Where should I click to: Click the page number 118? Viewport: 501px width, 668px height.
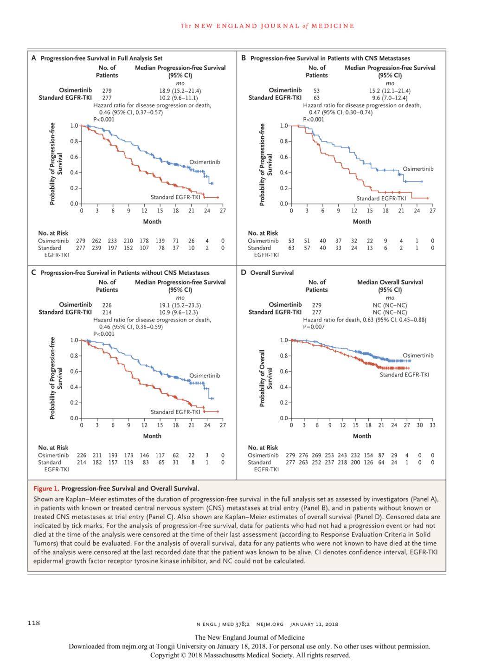tap(33, 623)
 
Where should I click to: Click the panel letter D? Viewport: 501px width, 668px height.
tap(244, 272)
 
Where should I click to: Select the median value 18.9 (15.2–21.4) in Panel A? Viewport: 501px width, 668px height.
tap(180, 91)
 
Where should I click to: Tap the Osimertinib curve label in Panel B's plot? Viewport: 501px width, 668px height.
tap(418, 169)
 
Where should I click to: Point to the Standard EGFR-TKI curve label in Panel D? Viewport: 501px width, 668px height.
tap(405, 374)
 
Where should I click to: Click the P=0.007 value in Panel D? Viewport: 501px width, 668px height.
tap(314, 327)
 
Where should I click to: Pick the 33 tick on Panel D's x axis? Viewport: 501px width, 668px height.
tap(432, 425)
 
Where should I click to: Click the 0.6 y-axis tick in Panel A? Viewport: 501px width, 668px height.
tap(74, 157)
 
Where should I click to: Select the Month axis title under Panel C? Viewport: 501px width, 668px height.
tap(152, 436)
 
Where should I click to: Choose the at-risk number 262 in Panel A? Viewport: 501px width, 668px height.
tap(96, 241)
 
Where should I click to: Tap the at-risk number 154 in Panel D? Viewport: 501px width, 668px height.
tap(368, 455)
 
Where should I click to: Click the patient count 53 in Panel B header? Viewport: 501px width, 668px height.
tap(316, 91)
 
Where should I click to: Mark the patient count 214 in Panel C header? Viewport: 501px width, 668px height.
tap(107, 312)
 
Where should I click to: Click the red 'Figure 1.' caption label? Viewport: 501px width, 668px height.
tap(46, 488)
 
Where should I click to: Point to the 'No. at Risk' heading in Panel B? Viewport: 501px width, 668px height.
tap(263, 233)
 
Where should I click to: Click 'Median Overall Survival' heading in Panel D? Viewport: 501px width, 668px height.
tap(390, 282)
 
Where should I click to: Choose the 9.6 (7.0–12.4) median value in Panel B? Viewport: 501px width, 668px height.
tap(390, 98)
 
